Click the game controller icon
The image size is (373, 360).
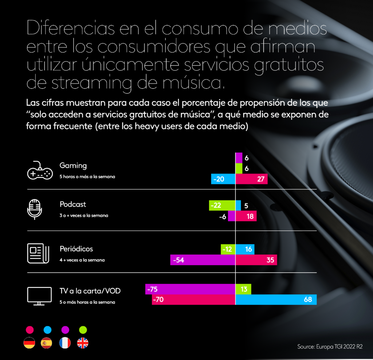tap(40, 170)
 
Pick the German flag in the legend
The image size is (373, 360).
tap(30, 343)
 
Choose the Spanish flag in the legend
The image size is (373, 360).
tap(47, 343)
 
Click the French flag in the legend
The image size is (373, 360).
tap(65, 343)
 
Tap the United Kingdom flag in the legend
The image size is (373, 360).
tap(83, 343)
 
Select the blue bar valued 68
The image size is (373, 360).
tap(276, 300)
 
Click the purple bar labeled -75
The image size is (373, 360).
tap(190, 289)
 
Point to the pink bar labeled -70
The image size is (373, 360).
tap(193, 300)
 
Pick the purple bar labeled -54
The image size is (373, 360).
tap(203, 260)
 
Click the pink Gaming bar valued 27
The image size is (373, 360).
tap(252, 179)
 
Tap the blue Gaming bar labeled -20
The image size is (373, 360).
tap(223, 179)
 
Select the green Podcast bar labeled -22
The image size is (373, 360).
tap(222, 206)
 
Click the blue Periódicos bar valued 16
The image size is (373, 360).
tap(245, 249)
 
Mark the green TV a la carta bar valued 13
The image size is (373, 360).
tap(243, 289)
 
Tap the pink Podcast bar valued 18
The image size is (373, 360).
tap(246, 216)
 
